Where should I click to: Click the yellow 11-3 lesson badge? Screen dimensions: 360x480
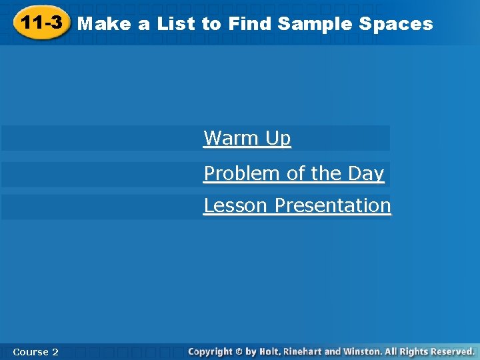coord(41,23)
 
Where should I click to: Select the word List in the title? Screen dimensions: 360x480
coord(176,24)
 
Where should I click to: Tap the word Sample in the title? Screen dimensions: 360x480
coord(315,24)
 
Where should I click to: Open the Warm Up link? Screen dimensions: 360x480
coord(247,138)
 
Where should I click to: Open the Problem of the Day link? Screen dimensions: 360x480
coord(294,173)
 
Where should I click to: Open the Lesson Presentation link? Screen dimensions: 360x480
coord(297,205)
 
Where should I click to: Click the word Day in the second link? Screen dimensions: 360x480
coord(366,173)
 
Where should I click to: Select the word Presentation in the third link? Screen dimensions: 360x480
coord(333,205)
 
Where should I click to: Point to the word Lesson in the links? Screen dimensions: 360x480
coord(237,205)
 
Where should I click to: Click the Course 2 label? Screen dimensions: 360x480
coord(35,351)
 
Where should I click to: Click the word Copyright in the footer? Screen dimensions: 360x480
coord(211,351)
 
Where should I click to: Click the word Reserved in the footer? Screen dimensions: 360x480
coord(451,351)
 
